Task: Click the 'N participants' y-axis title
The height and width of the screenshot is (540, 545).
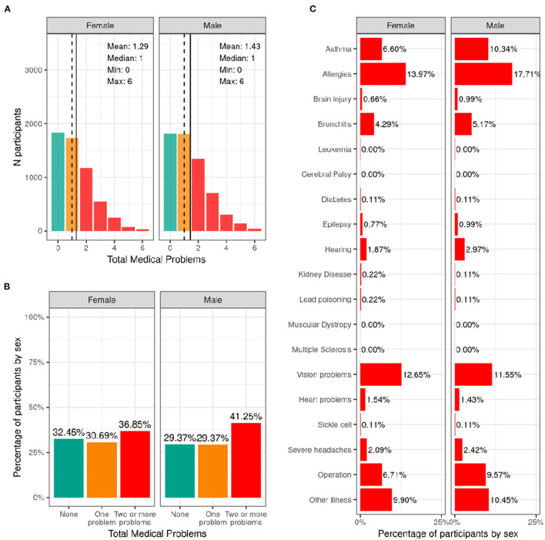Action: [12, 132]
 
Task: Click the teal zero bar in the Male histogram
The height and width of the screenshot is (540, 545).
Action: [170, 183]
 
